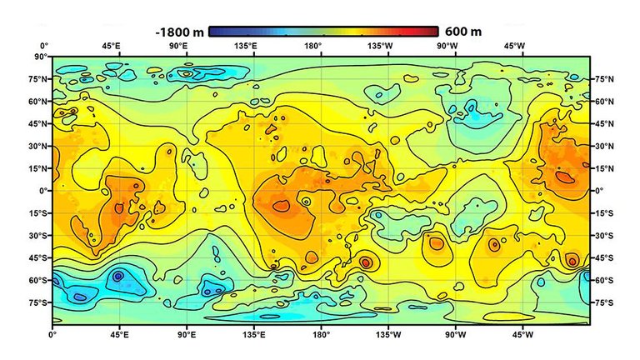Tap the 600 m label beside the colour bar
click(x=463, y=32)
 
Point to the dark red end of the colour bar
click(x=434, y=32)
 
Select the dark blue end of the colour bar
click(x=213, y=32)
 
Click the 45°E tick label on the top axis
click(x=119, y=46)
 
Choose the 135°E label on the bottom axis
click(x=254, y=335)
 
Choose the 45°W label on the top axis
click(x=522, y=46)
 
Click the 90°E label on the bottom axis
click(x=187, y=335)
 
